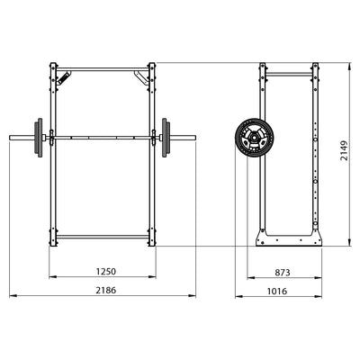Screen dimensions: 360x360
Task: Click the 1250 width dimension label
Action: pyautogui.click(x=105, y=272)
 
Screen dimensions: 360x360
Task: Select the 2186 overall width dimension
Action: pyautogui.click(x=105, y=291)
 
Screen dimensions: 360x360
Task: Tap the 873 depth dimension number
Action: pyautogui.click(x=283, y=273)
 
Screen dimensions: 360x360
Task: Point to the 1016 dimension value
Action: pyautogui.click(x=277, y=291)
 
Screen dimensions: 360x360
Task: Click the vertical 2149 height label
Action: pyautogui.click(x=344, y=150)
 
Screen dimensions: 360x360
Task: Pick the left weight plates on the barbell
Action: pyautogui.click(x=39, y=138)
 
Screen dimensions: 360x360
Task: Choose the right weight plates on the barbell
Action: pyautogui.click(x=166, y=138)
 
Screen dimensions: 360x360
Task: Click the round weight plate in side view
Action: pyautogui.click(x=255, y=137)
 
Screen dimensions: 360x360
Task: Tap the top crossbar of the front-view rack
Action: pyautogui.click(x=103, y=69)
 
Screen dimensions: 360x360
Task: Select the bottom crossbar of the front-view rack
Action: pyautogui.click(x=103, y=237)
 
